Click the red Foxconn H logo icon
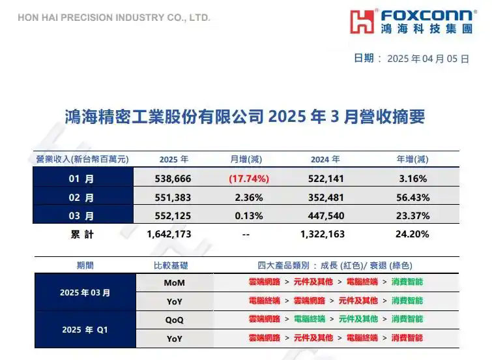pos(362,22)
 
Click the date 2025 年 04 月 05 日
pos(427,59)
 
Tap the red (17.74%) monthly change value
pos(248,178)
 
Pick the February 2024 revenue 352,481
pos(324,197)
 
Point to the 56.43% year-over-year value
pos(412,197)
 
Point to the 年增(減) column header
pos(412,159)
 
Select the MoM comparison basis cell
pos(174,282)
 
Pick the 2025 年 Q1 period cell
pos(85,329)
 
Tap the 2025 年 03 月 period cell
pos(85,292)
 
